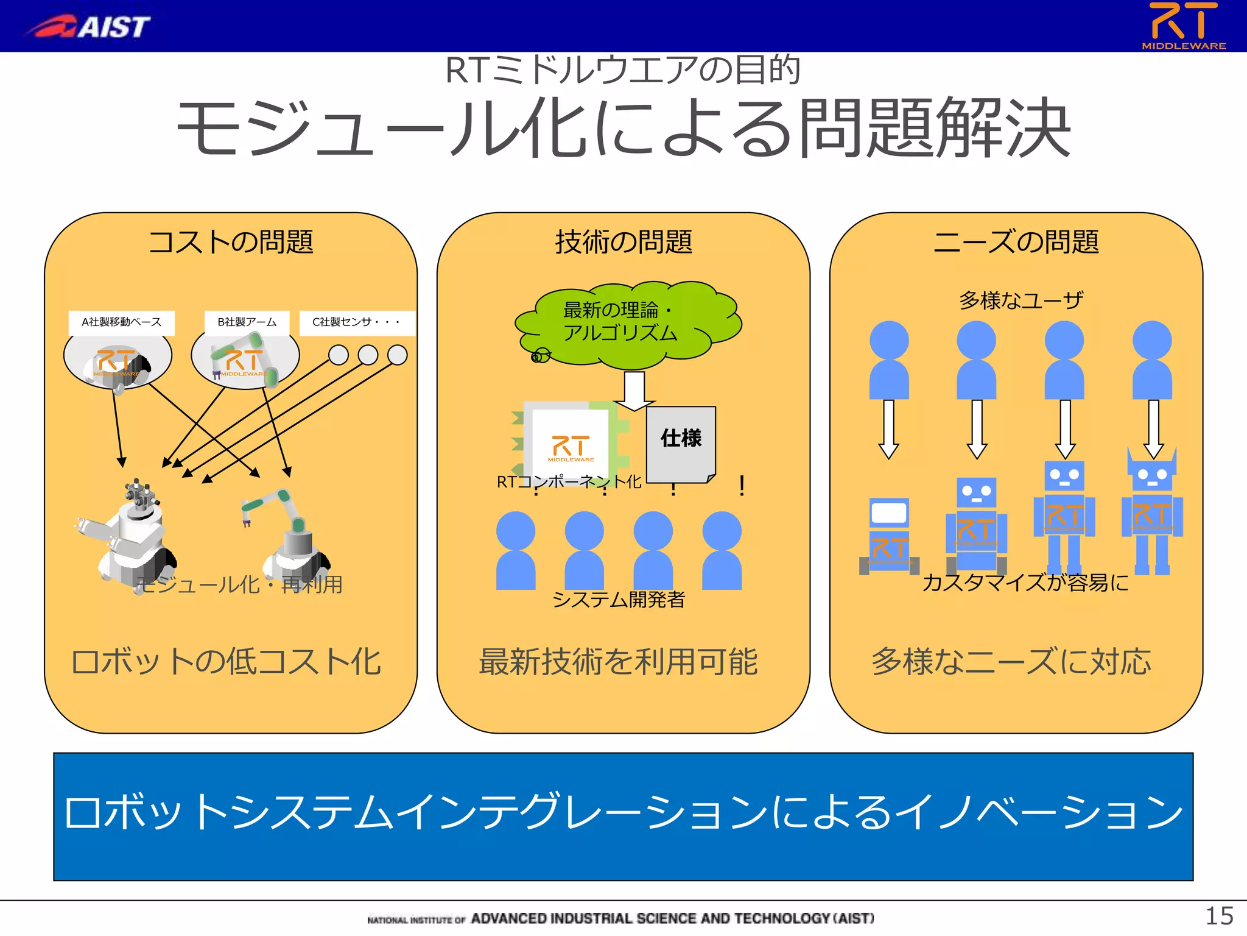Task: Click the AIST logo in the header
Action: (x=88, y=27)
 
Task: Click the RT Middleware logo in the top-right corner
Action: (x=1183, y=26)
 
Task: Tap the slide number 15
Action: (x=1219, y=916)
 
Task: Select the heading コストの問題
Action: (x=231, y=242)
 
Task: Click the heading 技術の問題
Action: (x=623, y=242)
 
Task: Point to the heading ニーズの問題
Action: (x=1016, y=242)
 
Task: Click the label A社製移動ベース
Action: (x=122, y=322)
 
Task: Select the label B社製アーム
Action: (x=247, y=322)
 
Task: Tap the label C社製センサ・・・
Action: (x=357, y=322)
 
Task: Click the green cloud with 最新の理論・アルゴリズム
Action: (x=627, y=323)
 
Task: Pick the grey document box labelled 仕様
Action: (x=681, y=444)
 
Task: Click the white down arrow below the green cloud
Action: (x=634, y=391)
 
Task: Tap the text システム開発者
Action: (x=618, y=600)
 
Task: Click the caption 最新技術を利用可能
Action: (x=618, y=662)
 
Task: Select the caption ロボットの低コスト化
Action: (x=226, y=662)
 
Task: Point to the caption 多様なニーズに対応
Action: (x=1011, y=662)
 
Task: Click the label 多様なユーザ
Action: (x=1021, y=300)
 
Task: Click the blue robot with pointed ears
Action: (x=1152, y=512)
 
